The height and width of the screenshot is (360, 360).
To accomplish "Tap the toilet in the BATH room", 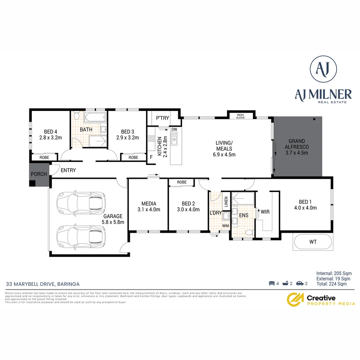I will click(76, 116).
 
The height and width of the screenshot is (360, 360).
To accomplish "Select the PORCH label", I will click(39, 174).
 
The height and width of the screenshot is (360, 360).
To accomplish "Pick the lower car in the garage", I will click(81, 236).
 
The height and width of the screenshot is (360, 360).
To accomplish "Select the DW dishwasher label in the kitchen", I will click(174, 129).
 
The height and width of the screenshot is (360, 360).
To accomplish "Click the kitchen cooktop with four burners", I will click(151, 139).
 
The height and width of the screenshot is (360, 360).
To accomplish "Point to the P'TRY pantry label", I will click(162, 118).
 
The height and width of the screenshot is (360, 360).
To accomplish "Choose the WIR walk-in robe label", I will click(265, 212).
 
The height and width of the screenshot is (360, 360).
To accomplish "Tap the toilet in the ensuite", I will click(248, 233).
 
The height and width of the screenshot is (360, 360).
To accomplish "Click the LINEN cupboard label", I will click(226, 201).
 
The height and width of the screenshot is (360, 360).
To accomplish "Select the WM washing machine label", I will click(226, 226).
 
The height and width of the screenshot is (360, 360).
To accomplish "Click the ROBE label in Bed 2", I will click(182, 182).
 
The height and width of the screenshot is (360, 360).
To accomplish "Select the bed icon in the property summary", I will click(271, 284).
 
